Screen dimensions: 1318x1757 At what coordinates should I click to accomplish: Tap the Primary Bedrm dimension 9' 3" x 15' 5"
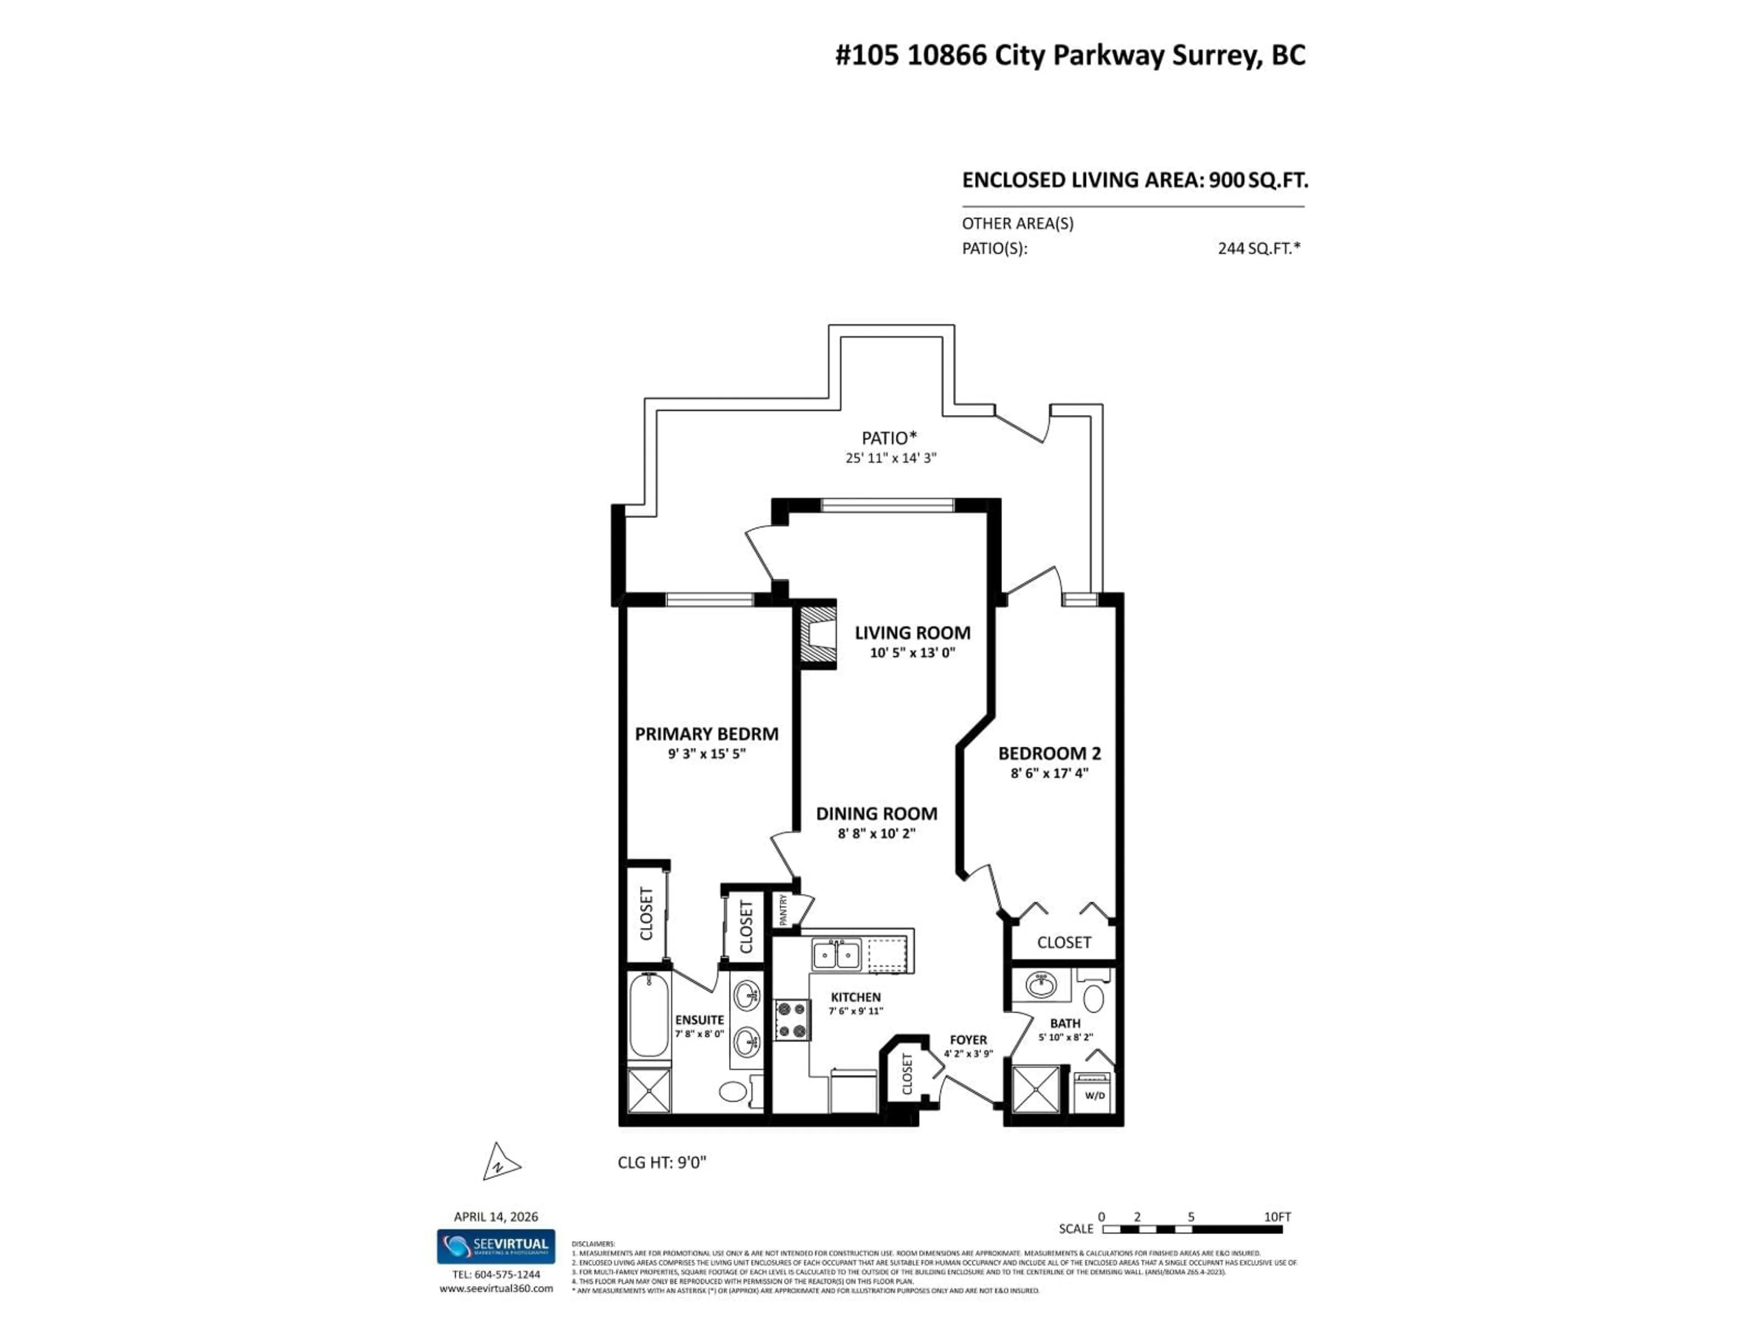tap(706, 754)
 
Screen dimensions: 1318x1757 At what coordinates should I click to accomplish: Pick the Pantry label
tap(783, 910)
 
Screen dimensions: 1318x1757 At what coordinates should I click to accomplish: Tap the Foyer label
tap(968, 1040)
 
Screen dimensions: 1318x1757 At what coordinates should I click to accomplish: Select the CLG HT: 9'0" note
tap(662, 1163)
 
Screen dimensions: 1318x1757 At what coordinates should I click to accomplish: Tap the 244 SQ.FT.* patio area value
tap(1259, 248)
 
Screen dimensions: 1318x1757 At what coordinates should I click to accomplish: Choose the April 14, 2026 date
tap(496, 1216)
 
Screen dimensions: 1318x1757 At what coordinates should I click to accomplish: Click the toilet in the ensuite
tap(733, 1091)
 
